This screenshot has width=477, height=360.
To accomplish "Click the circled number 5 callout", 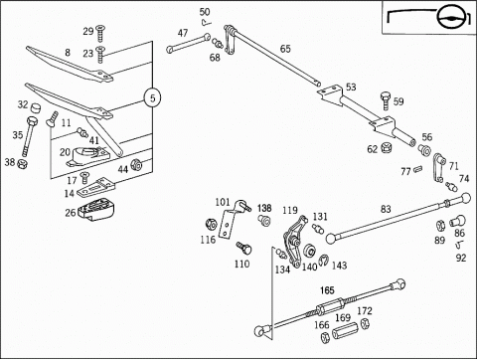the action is point(152,98).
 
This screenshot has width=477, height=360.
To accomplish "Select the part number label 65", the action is point(285,49).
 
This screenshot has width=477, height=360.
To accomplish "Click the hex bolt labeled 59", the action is point(387,101).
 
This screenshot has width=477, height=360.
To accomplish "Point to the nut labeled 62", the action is point(385,147).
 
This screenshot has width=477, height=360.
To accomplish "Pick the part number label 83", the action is point(386,209).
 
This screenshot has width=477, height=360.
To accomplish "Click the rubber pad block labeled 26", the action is point(96,210).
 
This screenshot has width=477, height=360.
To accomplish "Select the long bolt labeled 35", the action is point(29,135).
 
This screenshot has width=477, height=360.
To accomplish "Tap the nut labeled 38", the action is point(22,163).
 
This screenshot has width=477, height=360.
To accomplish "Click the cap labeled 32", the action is point(36,107).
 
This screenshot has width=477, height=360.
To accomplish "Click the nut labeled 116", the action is point(211,225).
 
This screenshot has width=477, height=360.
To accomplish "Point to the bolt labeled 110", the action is point(243,248).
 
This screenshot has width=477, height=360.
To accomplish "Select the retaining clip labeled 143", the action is point(323,261).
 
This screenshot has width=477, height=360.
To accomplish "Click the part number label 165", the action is point(327,290).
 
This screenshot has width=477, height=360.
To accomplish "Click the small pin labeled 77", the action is point(417,169).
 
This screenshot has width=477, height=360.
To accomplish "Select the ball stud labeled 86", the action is point(458,222).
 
